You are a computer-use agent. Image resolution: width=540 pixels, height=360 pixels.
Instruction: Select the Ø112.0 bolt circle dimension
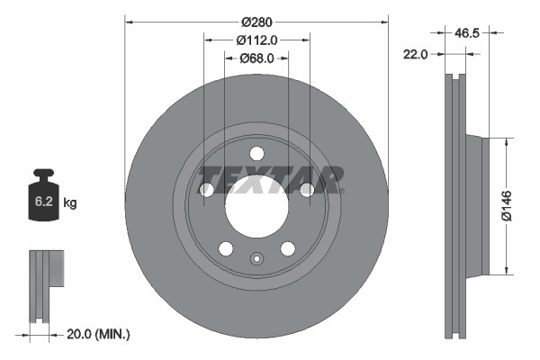[256, 39]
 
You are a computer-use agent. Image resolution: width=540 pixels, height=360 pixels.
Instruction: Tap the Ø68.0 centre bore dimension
[256, 58]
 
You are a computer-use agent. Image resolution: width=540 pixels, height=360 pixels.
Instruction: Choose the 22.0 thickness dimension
[415, 54]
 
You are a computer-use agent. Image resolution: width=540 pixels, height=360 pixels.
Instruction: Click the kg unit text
[70, 203]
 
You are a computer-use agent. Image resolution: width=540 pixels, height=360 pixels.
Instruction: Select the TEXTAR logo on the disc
[270, 179]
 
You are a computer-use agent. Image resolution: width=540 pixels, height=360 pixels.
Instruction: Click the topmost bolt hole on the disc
[256, 153]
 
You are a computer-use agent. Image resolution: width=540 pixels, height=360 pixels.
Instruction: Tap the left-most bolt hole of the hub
[206, 190]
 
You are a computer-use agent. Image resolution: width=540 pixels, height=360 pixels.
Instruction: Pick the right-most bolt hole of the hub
[307, 189]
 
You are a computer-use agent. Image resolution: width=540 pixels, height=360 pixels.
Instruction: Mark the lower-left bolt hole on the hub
[226, 248]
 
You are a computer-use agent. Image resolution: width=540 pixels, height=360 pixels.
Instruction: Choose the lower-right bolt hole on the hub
[288, 248]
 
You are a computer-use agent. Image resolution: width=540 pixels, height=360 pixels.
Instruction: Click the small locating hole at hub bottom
[256, 261]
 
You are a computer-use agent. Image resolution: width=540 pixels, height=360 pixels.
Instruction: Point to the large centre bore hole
[256, 206]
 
